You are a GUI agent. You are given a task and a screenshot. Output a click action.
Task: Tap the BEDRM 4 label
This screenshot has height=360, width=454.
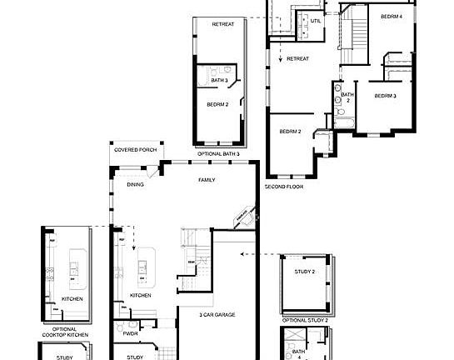pos(392,17)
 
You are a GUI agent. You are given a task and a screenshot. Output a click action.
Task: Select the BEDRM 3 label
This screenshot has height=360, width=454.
pos(384,97)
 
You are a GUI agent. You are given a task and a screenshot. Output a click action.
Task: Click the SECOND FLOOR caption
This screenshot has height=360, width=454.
pos(283,185)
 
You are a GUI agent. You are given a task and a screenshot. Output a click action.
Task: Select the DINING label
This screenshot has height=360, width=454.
pos(135,184)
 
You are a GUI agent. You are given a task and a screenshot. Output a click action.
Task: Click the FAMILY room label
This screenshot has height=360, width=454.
pos(207,180)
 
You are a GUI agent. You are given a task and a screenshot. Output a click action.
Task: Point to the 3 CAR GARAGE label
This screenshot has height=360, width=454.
pos(215,314)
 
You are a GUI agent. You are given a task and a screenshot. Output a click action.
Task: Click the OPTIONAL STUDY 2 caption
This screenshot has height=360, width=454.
pos(305,320)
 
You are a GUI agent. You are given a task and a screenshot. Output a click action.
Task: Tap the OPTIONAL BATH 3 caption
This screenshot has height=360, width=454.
pos(218,154)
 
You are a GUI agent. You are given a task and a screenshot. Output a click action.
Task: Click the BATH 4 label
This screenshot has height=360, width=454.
pos(299,354)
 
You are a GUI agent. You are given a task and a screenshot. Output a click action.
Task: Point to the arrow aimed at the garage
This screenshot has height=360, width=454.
pos(243,252)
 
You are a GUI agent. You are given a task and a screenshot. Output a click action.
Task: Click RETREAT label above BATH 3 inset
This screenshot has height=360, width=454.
pos(222,24)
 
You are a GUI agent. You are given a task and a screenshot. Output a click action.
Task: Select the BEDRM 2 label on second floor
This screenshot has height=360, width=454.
pos(290,132)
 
